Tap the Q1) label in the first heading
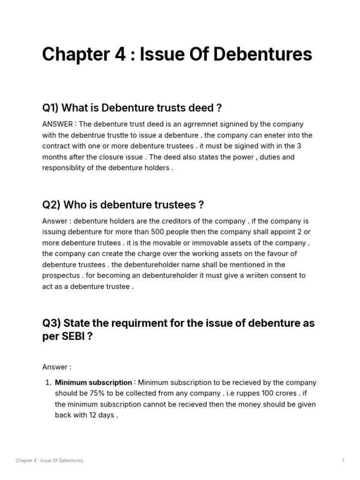click(50, 108)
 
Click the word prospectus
click(61, 276)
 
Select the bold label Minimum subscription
click(93, 382)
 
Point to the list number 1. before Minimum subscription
click(48, 382)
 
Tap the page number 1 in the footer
click(343, 460)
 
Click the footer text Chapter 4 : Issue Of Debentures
click(49, 460)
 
